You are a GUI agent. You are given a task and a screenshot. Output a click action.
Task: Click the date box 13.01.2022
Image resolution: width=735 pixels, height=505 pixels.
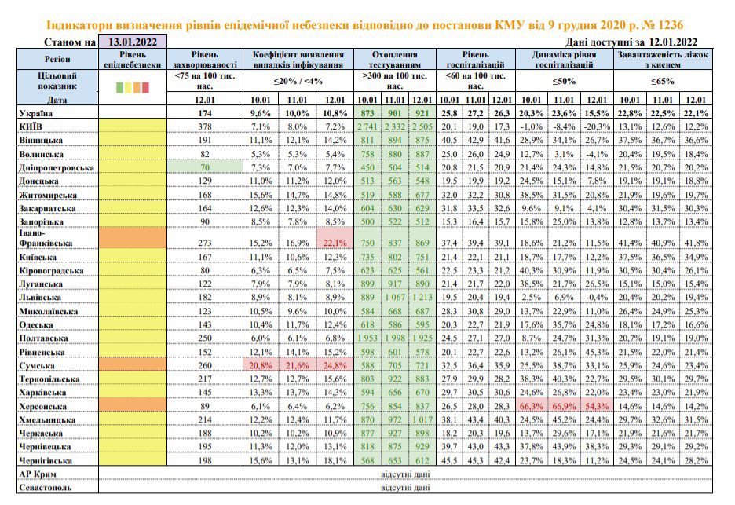(x=133, y=42)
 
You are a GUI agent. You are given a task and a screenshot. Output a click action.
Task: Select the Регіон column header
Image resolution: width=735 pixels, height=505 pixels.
(x=57, y=59)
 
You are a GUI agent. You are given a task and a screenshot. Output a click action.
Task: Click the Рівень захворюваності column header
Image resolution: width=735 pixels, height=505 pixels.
(x=205, y=59)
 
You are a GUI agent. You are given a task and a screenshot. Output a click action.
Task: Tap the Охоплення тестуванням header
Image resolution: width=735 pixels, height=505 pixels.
(x=395, y=59)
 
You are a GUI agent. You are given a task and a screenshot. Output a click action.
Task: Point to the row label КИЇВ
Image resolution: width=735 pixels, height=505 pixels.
(x=31, y=126)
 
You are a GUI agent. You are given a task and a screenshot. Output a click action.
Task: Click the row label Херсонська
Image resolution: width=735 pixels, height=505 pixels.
(x=42, y=406)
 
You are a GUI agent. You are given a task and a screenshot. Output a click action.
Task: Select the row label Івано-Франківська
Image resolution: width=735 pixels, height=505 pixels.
(x=46, y=238)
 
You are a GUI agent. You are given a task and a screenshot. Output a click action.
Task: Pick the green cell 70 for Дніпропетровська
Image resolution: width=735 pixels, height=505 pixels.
(x=205, y=167)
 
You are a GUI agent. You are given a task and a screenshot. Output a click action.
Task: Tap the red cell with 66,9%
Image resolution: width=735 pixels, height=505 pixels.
(x=564, y=406)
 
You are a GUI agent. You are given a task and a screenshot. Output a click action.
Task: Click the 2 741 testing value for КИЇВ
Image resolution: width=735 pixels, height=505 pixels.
(x=367, y=126)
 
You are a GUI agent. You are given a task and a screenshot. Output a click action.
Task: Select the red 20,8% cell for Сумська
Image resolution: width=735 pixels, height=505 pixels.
(x=261, y=365)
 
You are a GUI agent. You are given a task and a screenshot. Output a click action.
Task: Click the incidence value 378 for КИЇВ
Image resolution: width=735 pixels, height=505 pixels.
(x=205, y=126)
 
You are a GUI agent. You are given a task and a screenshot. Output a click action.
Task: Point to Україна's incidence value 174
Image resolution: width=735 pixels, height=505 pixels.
(x=205, y=113)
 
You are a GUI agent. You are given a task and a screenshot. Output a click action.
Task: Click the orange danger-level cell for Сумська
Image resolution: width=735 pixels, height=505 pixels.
(x=133, y=365)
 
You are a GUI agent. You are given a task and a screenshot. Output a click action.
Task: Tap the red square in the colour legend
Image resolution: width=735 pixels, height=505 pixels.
(x=145, y=87)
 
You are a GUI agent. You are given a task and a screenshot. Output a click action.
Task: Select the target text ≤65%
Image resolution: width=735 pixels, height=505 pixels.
(x=662, y=81)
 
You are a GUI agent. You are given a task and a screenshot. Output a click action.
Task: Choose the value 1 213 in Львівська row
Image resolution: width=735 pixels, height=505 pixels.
(x=422, y=298)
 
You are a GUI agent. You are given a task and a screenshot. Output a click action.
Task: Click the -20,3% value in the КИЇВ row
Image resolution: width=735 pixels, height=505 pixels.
(x=597, y=126)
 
